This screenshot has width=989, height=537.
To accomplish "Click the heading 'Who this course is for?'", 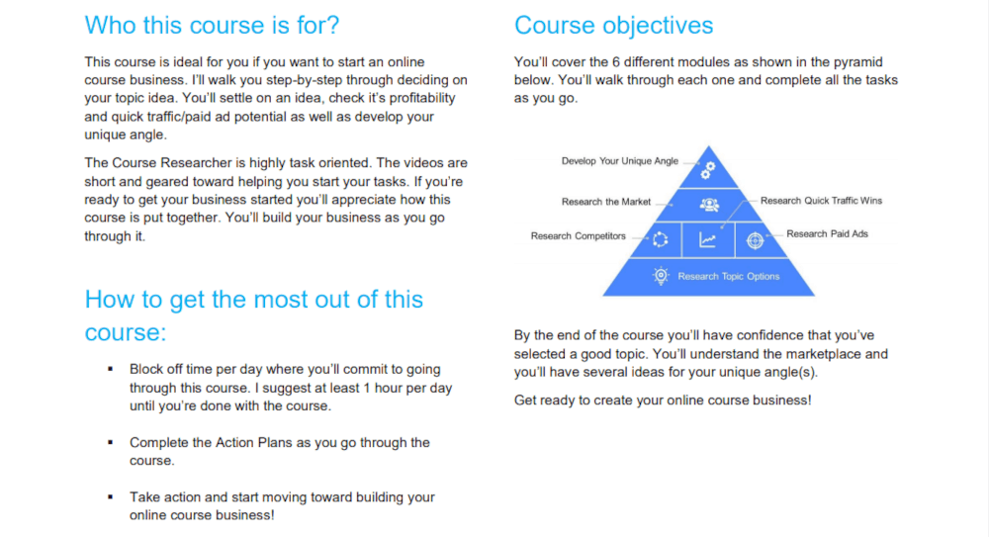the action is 212,26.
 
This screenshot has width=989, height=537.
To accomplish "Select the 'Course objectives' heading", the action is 614,26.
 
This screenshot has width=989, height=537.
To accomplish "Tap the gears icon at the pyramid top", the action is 708,170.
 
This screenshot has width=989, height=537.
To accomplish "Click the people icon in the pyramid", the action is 709,205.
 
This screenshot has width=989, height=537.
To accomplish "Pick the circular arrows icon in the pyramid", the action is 660,239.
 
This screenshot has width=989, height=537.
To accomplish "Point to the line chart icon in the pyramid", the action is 708,239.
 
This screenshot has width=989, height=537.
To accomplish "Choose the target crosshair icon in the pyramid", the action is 755,240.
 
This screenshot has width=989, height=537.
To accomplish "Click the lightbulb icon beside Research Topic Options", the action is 661,276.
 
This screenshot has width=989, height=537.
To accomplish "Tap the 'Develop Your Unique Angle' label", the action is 620,161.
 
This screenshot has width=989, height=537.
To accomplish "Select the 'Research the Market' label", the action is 606,202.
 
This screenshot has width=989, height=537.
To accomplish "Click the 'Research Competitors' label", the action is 579,236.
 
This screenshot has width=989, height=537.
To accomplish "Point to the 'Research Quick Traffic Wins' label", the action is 821,201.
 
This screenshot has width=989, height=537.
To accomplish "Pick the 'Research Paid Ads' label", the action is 827,234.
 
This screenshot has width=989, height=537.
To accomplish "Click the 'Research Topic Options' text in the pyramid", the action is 729,276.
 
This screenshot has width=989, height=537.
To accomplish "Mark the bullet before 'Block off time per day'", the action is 111,369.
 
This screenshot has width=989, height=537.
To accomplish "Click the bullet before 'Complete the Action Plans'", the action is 111,442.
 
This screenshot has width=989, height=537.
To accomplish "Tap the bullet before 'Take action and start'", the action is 111,497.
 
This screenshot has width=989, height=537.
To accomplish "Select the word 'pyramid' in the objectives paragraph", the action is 857,62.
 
